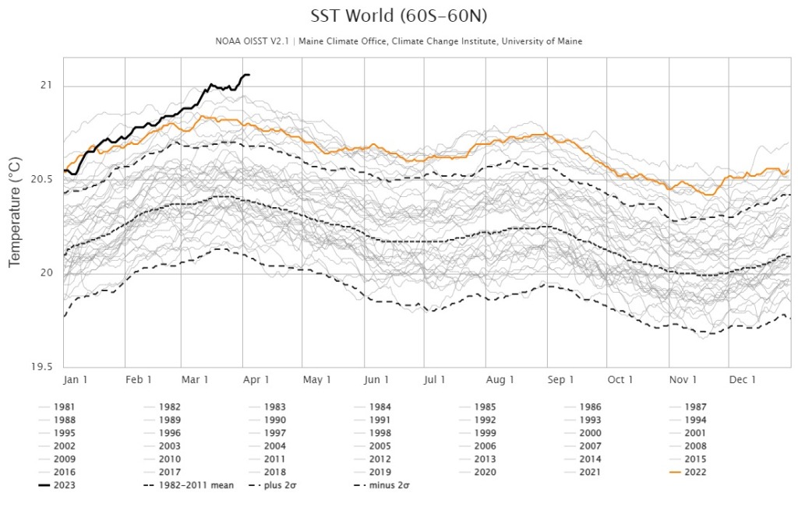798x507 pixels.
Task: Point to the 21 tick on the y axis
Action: point(46,85)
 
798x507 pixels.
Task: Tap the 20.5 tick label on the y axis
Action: point(41,179)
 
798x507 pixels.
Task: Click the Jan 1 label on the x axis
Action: point(76,379)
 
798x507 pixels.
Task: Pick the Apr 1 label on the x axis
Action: point(256,379)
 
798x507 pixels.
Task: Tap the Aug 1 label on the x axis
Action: point(500,379)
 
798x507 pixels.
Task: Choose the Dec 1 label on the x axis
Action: point(743,379)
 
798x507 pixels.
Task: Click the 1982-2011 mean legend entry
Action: point(190,484)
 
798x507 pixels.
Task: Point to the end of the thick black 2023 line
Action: point(249,75)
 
